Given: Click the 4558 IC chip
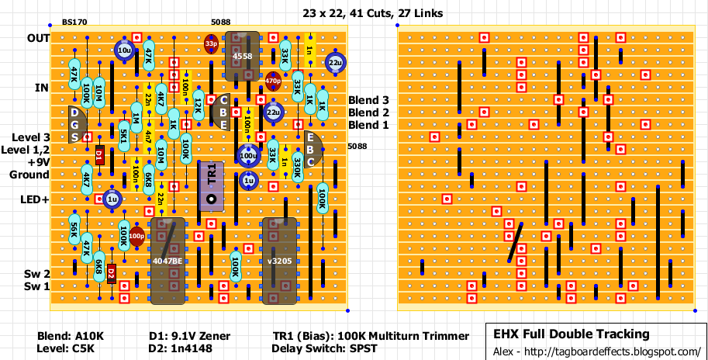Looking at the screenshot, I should (241, 56).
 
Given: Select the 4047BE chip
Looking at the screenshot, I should (168, 261).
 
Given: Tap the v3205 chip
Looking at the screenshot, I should (278, 261).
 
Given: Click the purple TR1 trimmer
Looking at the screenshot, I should (211, 186).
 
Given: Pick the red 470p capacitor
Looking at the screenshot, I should (272, 81).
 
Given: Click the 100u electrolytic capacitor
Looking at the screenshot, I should (248, 155).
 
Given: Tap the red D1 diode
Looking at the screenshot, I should (99, 155).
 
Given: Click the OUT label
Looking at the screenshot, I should (38, 38).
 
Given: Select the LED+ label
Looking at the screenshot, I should (35, 199).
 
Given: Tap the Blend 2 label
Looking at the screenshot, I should (368, 112).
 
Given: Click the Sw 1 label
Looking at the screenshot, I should (37, 286).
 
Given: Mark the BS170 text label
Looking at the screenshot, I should (74, 24).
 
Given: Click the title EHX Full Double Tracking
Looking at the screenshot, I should (572, 334).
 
